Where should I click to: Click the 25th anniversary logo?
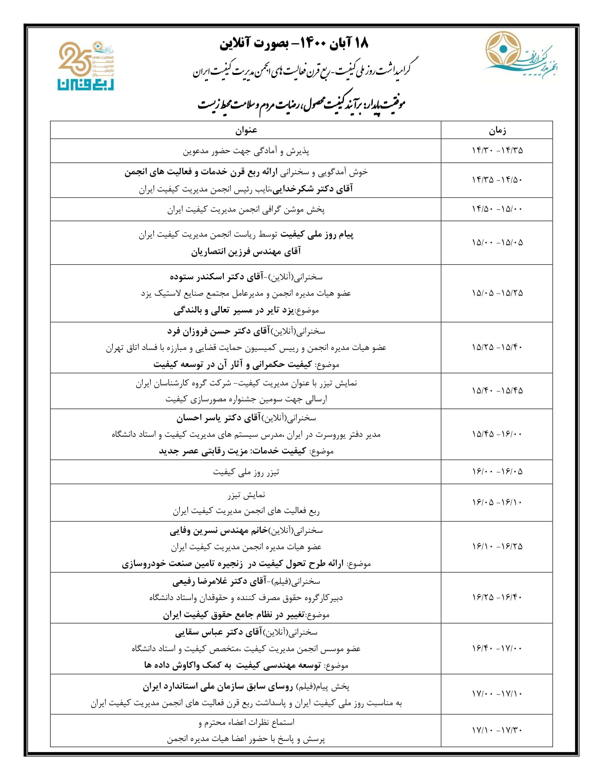pos(86,66)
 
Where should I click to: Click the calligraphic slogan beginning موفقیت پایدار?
pos(302,104)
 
